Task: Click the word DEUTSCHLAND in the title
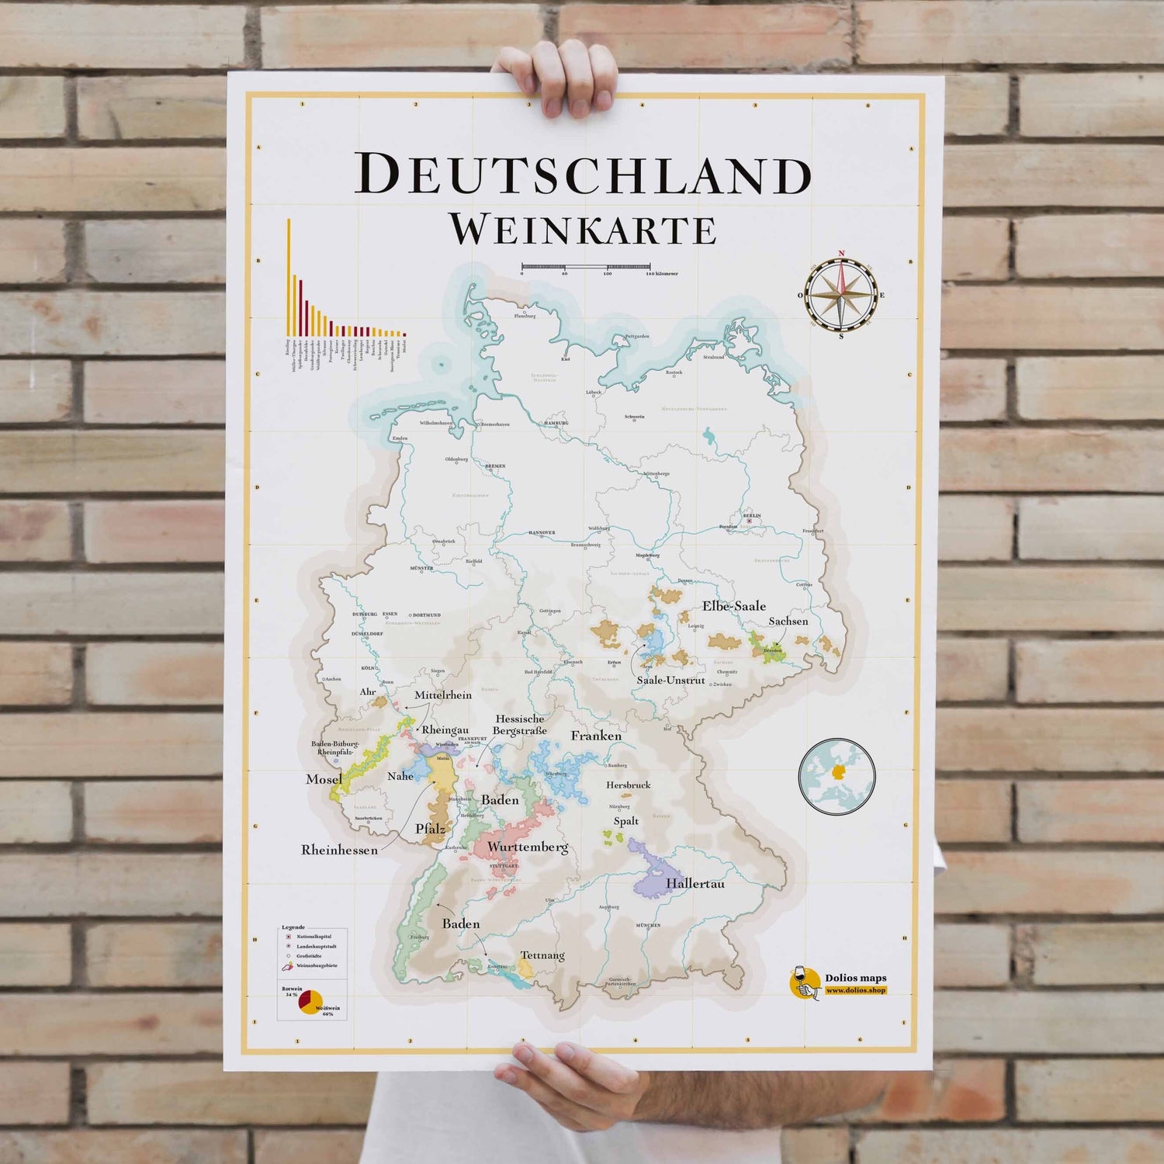click(x=582, y=175)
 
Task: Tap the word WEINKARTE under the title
click(x=582, y=229)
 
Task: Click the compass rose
click(x=840, y=295)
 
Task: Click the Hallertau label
click(x=695, y=883)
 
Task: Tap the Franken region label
click(x=596, y=736)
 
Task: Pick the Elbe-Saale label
click(x=734, y=606)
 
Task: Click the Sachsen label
click(x=788, y=622)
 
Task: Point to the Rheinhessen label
click(x=339, y=850)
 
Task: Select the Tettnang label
click(x=542, y=955)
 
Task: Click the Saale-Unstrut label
click(x=671, y=680)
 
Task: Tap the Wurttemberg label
click(x=528, y=847)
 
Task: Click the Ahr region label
click(x=368, y=691)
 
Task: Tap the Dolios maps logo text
click(x=855, y=979)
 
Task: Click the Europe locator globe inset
click(x=837, y=774)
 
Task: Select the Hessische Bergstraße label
click(x=521, y=725)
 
